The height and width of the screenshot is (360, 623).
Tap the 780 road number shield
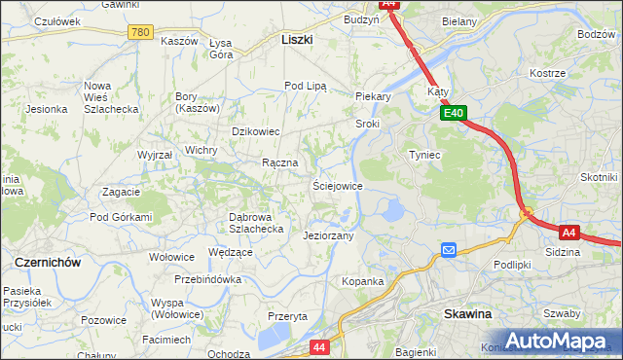click(x=140, y=32)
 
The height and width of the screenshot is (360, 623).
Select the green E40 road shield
click(x=454, y=113)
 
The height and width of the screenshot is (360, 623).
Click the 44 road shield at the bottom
click(x=320, y=345)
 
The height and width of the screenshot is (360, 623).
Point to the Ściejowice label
click(x=338, y=185)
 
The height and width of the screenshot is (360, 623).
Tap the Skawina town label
click(x=468, y=314)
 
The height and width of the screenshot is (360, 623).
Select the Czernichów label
click(x=47, y=262)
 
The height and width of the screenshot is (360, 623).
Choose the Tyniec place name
click(x=424, y=155)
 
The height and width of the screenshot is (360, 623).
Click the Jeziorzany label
click(x=328, y=235)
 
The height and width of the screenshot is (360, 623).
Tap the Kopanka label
click(x=362, y=281)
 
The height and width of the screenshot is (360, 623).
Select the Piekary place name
click(x=373, y=96)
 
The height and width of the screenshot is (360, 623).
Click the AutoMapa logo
click(x=555, y=341)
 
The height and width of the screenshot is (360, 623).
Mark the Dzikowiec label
click(x=255, y=130)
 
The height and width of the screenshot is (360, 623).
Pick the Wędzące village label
click(x=231, y=252)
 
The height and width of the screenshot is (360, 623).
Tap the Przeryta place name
click(x=287, y=316)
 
